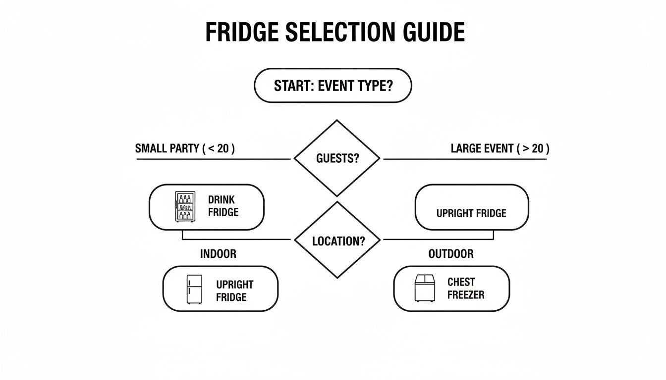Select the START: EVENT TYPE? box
[333, 86]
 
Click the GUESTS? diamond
[336, 159]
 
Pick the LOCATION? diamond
[337, 241]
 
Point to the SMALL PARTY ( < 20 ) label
[185, 148]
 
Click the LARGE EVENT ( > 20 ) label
[500, 148]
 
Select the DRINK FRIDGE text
[223, 206]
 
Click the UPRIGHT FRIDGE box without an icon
[471, 207]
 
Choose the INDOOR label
[218, 254]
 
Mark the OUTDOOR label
[450, 254]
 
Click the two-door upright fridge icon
[194, 289]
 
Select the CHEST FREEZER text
[465, 288]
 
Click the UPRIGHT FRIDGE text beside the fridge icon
[234, 291]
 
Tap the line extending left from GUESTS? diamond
[213, 159]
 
